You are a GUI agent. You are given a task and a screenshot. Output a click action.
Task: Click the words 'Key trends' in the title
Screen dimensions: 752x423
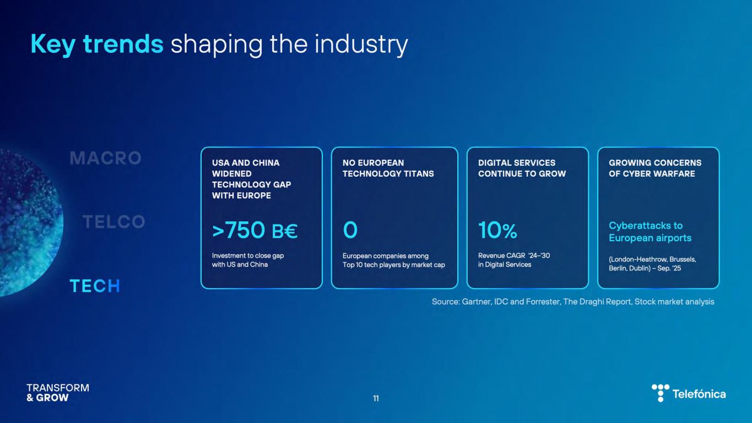tap(97, 45)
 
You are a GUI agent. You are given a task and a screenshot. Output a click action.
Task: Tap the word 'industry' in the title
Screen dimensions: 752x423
tap(361, 45)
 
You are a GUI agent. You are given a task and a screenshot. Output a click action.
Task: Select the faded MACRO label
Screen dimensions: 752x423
tap(105, 158)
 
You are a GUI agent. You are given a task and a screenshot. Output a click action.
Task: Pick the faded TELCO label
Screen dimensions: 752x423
tap(114, 222)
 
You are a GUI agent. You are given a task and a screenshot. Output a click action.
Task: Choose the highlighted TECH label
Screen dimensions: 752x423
tap(95, 286)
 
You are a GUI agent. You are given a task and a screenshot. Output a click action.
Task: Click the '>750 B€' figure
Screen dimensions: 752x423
tap(255, 230)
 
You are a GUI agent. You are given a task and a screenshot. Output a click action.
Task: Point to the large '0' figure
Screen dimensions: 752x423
tap(350, 230)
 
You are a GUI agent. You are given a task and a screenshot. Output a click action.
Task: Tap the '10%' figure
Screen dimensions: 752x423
tap(497, 230)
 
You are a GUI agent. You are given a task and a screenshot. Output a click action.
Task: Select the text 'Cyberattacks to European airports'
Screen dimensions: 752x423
tap(650, 232)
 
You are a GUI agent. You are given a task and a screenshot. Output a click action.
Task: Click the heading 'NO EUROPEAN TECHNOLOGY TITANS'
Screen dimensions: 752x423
tap(388, 168)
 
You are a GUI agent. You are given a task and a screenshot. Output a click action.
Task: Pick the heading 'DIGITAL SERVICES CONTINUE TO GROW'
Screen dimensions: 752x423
tap(522, 168)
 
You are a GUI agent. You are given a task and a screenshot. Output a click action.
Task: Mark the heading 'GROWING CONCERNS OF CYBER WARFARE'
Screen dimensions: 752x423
tap(655, 168)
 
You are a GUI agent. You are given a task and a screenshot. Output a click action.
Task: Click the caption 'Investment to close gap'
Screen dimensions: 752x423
tap(248, 256)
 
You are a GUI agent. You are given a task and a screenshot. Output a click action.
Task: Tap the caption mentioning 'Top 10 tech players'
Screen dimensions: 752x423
tap(393, 265)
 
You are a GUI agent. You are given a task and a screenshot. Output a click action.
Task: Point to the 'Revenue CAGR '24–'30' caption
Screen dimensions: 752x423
tap(514, 256)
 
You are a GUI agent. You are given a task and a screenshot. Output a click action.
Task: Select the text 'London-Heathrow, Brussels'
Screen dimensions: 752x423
tap(652, 259)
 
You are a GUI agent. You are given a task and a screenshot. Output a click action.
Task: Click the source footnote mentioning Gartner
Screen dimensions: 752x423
tap(573, 302)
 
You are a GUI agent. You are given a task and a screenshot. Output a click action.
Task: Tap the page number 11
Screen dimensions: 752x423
tap(376, 399)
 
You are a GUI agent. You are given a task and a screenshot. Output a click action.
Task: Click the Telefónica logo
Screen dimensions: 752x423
tap(689, 393)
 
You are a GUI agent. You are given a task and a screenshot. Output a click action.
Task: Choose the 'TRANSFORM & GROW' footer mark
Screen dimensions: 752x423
tap(58, 393)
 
